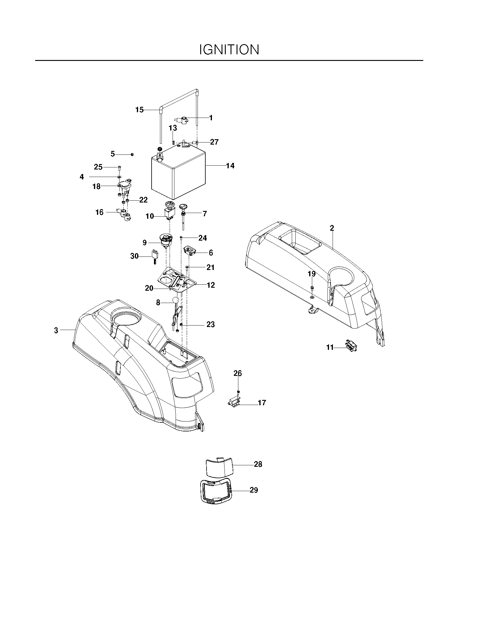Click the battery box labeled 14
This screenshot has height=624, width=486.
(x=178, y=171)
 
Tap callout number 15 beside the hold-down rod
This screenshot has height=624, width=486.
(x=140, y=110)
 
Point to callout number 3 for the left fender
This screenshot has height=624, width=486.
(x=56, y=331)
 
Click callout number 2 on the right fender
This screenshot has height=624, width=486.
(x=332, y=228)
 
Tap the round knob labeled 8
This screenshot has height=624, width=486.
(x=175, y=300)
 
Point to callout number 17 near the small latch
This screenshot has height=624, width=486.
(x=262, y=403)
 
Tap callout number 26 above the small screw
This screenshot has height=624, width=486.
(x=238, y=373)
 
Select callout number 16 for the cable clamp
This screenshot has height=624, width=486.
(x=99, y=212)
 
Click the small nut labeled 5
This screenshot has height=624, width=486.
(x=132, y=154)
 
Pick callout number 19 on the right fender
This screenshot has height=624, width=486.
(x=312, y=274)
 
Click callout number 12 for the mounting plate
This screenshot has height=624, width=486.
(x=211, y=285)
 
